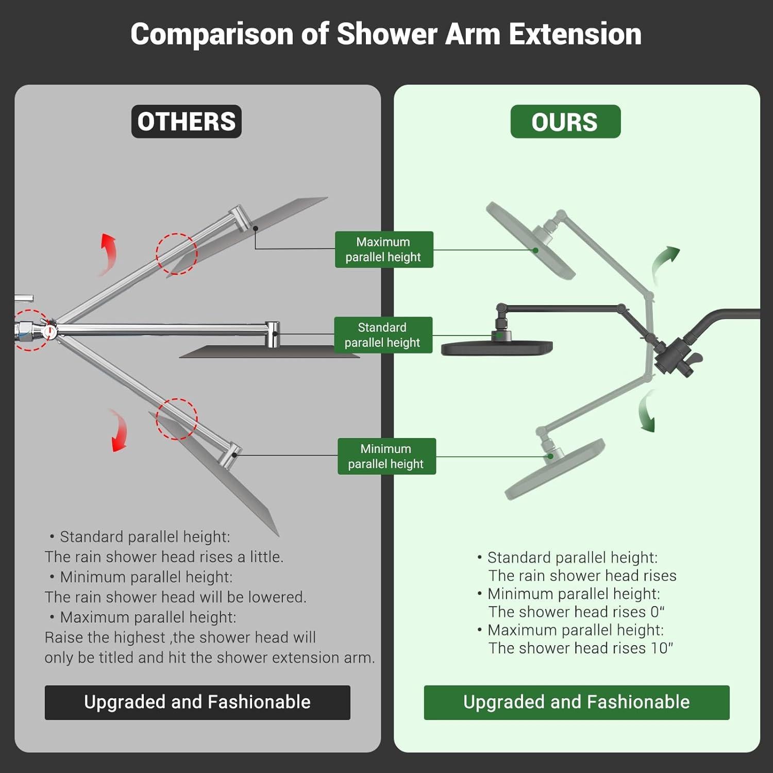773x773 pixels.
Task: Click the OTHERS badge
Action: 186,122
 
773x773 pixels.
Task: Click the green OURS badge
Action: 565,122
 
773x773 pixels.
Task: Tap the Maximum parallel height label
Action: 383,249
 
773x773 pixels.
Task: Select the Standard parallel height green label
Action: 382,335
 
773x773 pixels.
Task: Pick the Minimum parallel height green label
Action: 386,456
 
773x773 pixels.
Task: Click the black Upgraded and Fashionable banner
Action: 197,702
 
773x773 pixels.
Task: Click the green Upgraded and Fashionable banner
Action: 576,702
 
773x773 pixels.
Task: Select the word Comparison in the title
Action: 212,35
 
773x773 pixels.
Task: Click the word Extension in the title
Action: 575,35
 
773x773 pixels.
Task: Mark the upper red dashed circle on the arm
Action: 177,254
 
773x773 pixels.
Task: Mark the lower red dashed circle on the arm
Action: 177,419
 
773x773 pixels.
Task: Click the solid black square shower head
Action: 496,348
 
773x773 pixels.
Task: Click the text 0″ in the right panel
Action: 657,612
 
